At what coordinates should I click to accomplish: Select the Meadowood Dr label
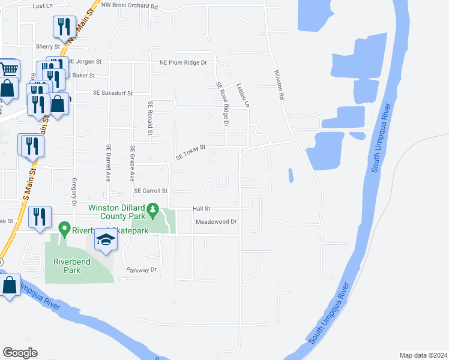click(x=217, y=221)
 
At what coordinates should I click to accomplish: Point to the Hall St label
click(x=200, y=209)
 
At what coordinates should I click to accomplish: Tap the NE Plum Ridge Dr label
click(x=182, y=62)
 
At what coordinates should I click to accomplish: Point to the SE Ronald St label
click(x=151, y=118)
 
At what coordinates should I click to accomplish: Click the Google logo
click(x=20, y=353)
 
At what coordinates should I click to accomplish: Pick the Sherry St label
click(x=48, y=46)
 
